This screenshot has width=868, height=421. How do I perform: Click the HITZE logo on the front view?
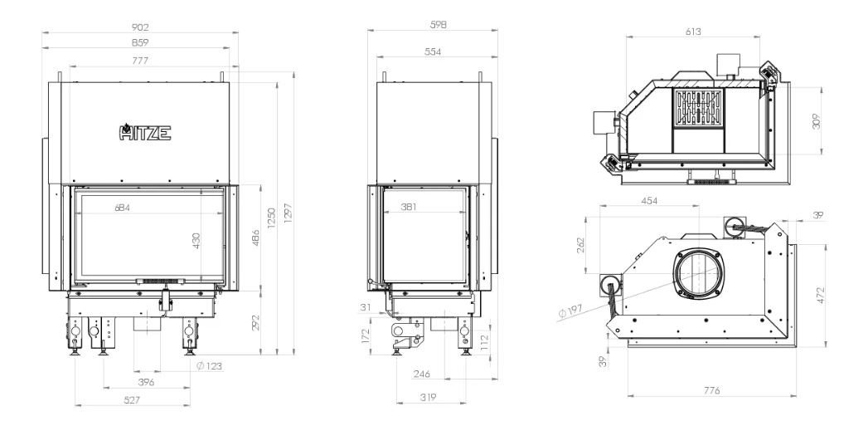145,133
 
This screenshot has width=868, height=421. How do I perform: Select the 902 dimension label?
141,27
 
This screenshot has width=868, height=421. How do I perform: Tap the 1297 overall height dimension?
288,214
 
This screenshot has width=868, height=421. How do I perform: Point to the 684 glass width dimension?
123,208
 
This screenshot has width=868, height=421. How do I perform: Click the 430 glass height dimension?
196,240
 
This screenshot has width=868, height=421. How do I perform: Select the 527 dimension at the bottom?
132,399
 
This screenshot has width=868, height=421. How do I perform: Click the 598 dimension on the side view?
438,24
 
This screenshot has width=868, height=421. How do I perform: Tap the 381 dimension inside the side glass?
408,207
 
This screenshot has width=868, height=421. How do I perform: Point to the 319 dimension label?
428,397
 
